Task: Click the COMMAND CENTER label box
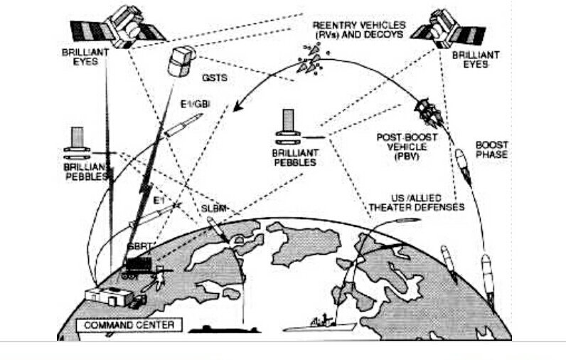pos(129,325)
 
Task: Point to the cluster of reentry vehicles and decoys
pos(311,58)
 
